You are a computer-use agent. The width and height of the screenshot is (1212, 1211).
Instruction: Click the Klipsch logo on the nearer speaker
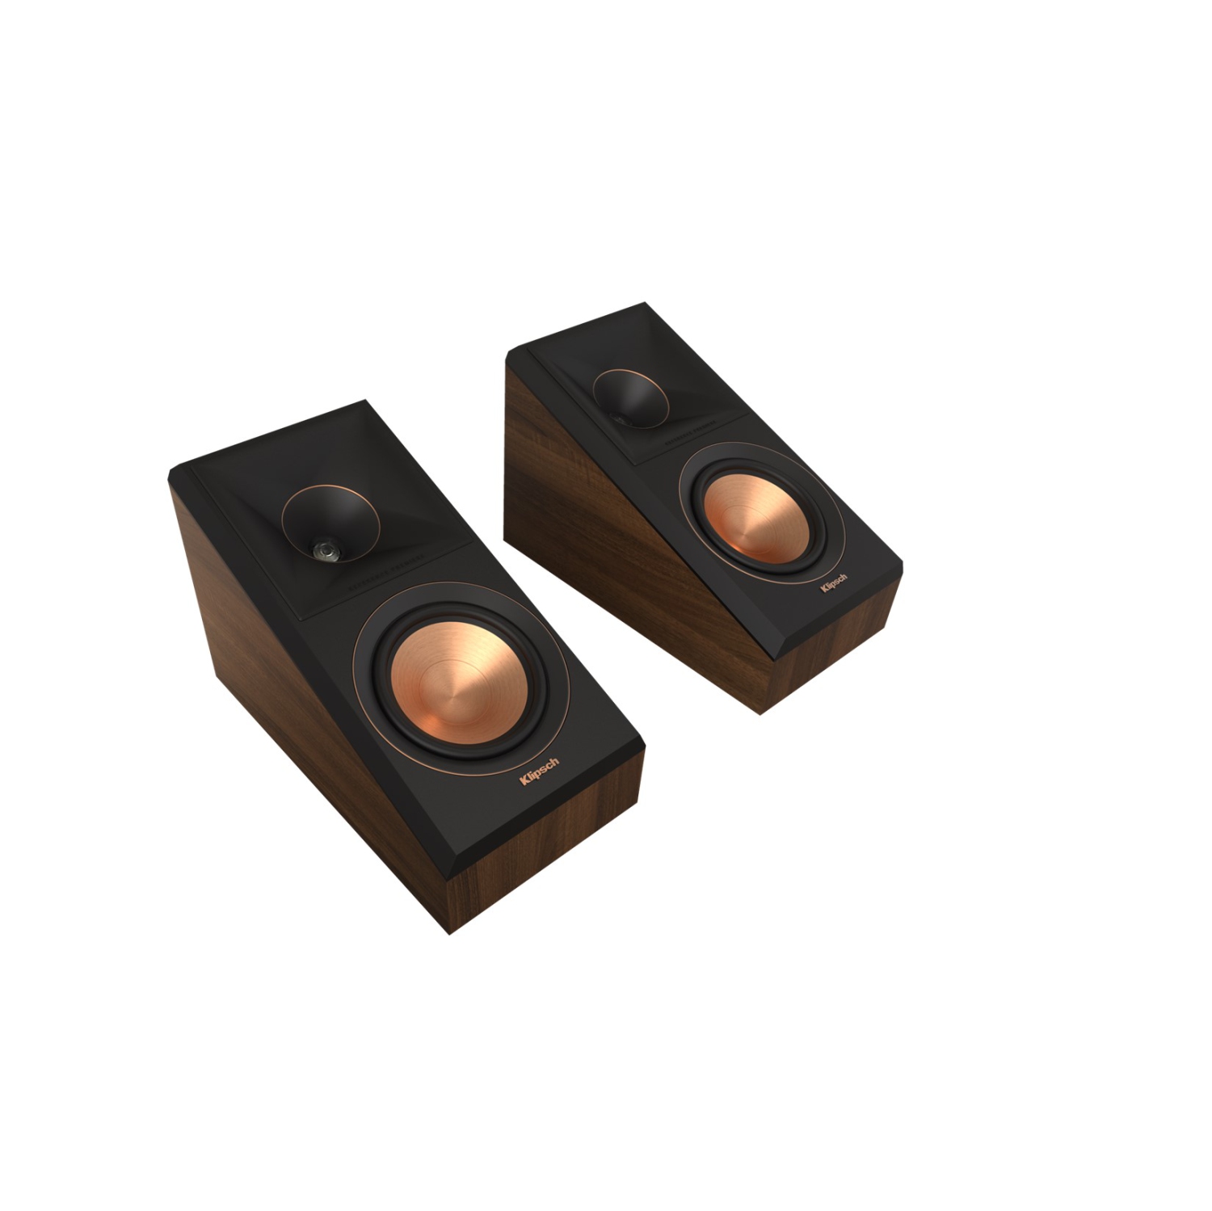pos(539,773)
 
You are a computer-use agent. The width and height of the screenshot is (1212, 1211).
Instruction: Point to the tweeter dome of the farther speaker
pos(621,418)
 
